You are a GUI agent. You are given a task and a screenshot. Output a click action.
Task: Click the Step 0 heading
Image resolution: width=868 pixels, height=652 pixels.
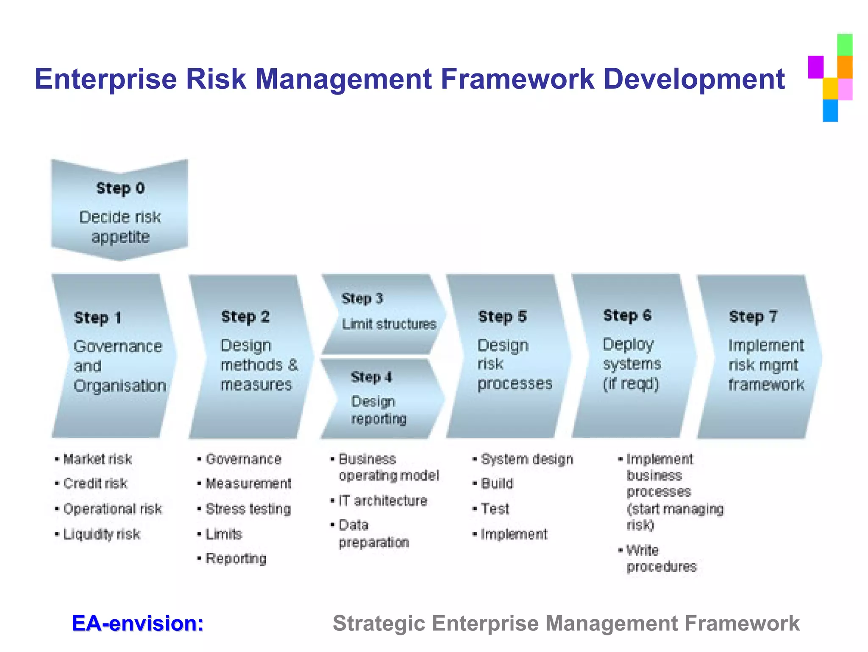[120, 188]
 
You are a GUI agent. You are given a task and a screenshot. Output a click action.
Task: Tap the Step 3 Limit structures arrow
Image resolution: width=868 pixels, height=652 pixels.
[383, 314]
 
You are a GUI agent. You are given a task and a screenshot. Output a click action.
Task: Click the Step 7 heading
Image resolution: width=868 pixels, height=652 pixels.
[753, 317]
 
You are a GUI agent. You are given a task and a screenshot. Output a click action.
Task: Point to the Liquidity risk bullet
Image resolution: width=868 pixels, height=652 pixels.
[102, 534]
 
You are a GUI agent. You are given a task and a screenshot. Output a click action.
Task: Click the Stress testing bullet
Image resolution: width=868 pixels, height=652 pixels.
[248, 509]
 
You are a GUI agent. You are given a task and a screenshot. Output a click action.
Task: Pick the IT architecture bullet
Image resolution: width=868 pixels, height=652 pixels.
[383, 501]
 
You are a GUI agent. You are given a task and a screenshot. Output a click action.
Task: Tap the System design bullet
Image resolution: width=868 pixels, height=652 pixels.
[527, 459]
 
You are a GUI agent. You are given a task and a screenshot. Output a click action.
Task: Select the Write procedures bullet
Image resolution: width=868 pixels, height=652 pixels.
[661, 559]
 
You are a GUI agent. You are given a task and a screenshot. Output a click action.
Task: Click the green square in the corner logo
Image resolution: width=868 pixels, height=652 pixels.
[844, 45]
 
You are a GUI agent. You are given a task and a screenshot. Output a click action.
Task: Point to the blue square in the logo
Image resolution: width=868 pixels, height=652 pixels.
[830, 111]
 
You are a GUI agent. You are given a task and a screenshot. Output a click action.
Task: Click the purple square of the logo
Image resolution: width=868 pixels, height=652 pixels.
[815, 67]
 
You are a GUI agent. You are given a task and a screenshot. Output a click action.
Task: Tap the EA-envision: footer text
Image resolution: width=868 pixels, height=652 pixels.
[138, 623]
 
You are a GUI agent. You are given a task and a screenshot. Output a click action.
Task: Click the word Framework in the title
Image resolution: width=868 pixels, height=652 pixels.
[517, 79]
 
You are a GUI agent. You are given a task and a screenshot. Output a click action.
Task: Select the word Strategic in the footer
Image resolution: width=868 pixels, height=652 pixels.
[378, 624]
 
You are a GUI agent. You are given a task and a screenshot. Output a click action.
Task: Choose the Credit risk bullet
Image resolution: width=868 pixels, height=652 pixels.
[95, 484]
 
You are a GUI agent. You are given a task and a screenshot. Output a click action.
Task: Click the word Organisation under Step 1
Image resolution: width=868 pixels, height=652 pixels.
[120, 386]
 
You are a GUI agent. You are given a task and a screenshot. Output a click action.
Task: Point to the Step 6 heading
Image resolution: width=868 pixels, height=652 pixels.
[627, 316]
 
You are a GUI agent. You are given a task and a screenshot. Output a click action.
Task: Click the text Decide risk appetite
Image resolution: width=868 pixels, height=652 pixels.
[120, 227]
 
